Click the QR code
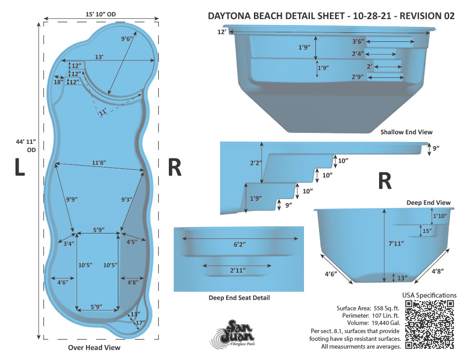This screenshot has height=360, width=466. point(430,325)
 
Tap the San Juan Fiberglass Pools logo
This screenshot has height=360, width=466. point(233,333)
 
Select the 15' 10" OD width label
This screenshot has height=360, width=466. point(101,14)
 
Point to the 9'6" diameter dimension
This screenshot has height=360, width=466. point(127,39)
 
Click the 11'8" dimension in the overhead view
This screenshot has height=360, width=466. point(99,162)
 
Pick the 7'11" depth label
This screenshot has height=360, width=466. point(396,243)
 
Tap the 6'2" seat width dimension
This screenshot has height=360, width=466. point(239,244)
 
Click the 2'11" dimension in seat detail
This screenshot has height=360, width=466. point(238,270)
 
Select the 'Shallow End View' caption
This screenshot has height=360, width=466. point(406,132)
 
